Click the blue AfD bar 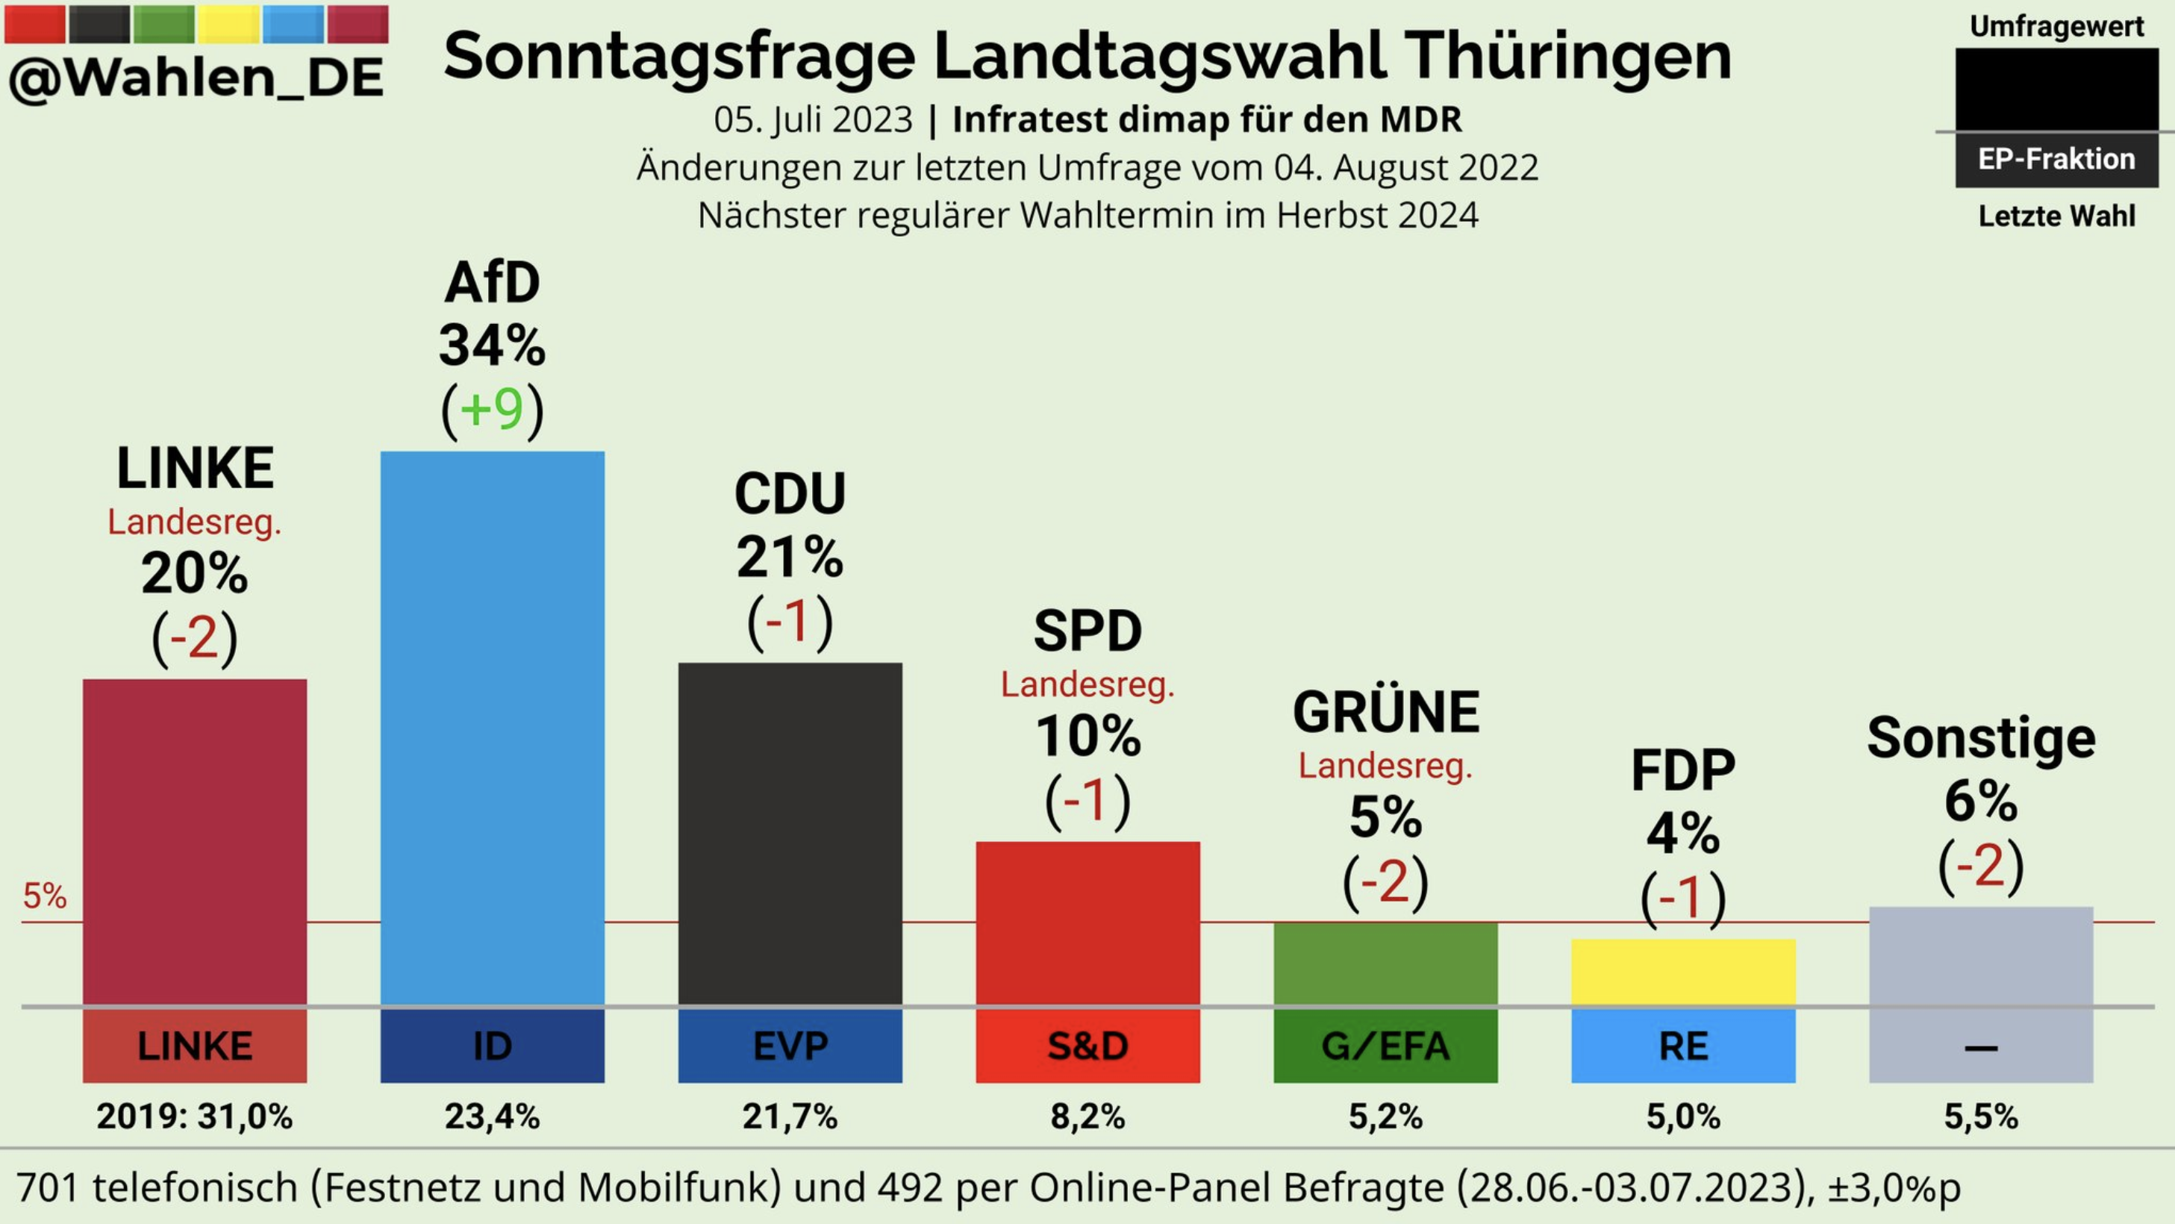click(x=492, y=726)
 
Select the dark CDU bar click(x=790, y=831)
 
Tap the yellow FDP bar click(x=1683, y=971)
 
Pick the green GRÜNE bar click(x=1385, y=962)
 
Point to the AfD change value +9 click(x=492, y=410)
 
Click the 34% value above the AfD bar click(x=492, y=346)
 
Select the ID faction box click(x=492, y=1046)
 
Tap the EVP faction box click(x=790, y=1046)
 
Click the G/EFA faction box click(x=1385, y=1046)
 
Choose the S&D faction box click(x=1087, y=1046)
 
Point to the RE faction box click(x=1683, y=1046)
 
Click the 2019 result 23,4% click(x=492, y=1117)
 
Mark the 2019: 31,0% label click(x=194, y=1117)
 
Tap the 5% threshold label click(x=45, y=896)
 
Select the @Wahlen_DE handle click(x=196, y=78)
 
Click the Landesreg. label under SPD click(x=1087, y=684)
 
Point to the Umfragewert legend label click(x=2057, y=27)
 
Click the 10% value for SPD click(x=1087, y=736)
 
